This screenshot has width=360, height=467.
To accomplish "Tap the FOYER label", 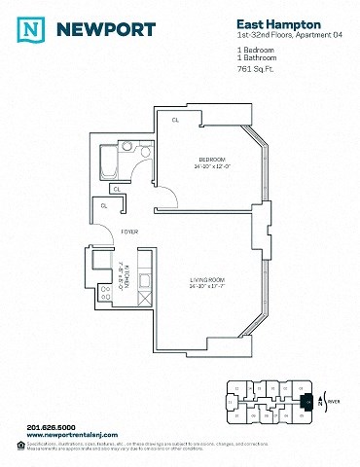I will [128, 232].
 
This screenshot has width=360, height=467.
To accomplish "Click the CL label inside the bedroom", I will [176, 121].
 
